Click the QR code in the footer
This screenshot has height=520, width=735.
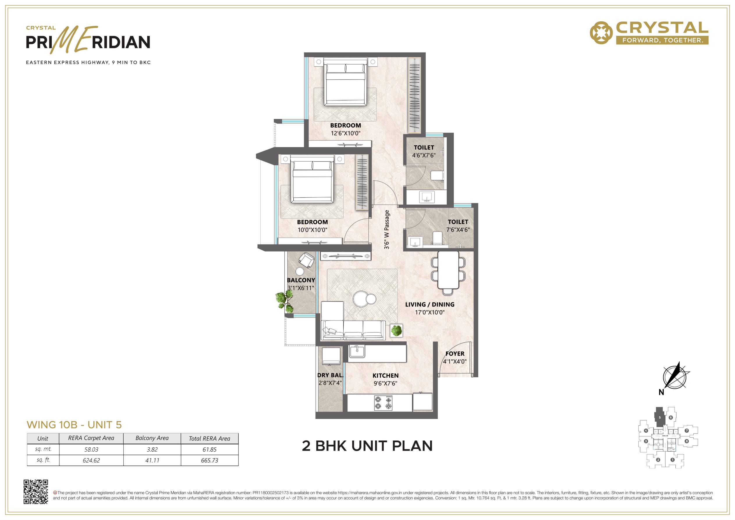tap(36, 492)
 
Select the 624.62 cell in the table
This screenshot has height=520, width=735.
tap(91, 460)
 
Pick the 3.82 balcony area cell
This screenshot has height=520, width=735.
tap(152, 450)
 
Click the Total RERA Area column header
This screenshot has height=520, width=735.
tap(210, 438)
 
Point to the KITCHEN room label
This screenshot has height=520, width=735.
tap(386, 376)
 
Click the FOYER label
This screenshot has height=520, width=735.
tap(455, 354)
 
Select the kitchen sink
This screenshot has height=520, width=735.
tap(357, 351)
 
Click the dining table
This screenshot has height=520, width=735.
tap(448, 270)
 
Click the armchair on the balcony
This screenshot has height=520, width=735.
tap(306, 260)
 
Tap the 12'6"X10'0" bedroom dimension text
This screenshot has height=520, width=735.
tap(346, 133)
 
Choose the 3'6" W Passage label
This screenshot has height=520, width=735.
tap(387, 229)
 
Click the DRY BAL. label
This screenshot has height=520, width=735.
tap(330, 376)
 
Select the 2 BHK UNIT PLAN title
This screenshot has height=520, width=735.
tap(367, 446)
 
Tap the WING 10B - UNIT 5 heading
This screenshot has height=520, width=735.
tap(74, 425)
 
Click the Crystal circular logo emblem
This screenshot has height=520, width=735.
tap(601, 33)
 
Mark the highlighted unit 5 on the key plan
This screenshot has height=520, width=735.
tap(659, 417)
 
